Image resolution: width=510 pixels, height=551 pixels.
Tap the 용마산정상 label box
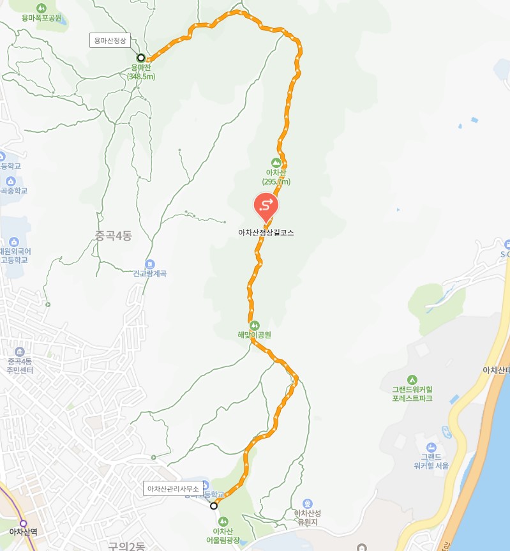(x=110, y=40)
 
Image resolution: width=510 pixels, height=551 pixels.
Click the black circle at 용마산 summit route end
(x=141, y=57)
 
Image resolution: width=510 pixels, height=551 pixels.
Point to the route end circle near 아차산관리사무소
(x=214, y=506)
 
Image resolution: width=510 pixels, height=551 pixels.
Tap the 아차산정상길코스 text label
(x=266, y=233)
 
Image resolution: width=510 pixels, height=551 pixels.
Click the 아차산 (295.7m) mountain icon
(x=276, y=162)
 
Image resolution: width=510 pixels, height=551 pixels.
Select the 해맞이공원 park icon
(x=254, y=324)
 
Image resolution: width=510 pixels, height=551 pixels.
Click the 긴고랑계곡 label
(x=149, y=273)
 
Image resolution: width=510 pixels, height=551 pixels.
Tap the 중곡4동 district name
(x=113, y=236)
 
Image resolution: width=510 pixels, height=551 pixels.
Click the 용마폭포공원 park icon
(x=41, y=8)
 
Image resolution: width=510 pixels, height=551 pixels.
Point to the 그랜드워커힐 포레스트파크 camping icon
(x=412, y=379)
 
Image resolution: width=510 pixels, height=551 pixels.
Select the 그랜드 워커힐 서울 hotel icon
(x=431, y=446)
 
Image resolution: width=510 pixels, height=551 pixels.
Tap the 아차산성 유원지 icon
(x=307, y=503)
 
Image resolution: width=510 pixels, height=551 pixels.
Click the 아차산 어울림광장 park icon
(x=223, y=521)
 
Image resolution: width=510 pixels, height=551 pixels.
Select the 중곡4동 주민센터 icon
(x=20, y=352)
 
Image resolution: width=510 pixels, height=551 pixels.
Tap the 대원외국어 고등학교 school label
(x=14, y=255)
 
